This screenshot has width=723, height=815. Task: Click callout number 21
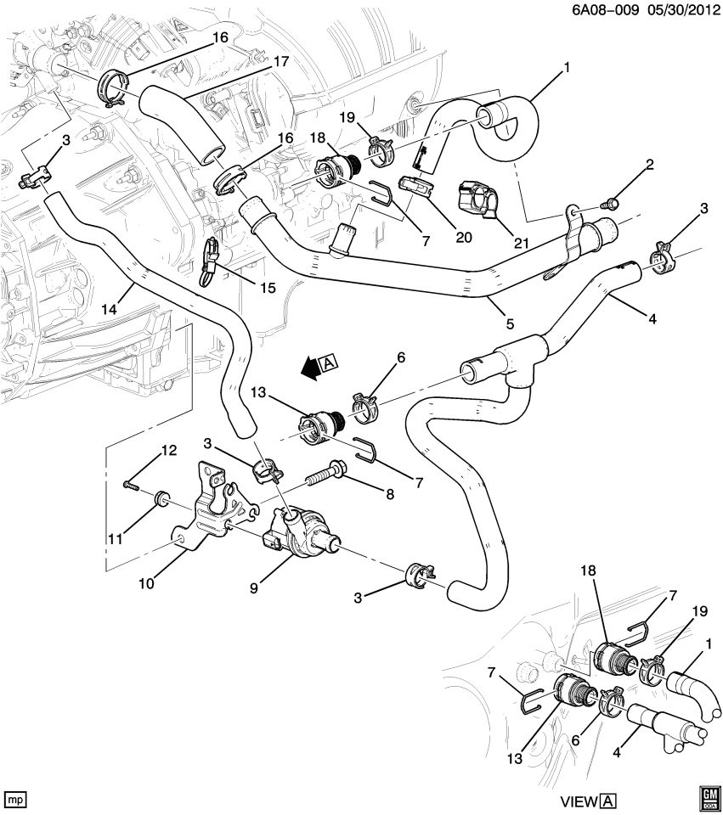(x=521, y=243)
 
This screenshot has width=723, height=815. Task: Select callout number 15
(x=268, y=288)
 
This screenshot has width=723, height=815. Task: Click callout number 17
(x=280, y=62)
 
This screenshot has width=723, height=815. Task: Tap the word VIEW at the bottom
(x=578, y=801)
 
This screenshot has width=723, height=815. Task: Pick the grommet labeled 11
(x=159, y=497)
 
